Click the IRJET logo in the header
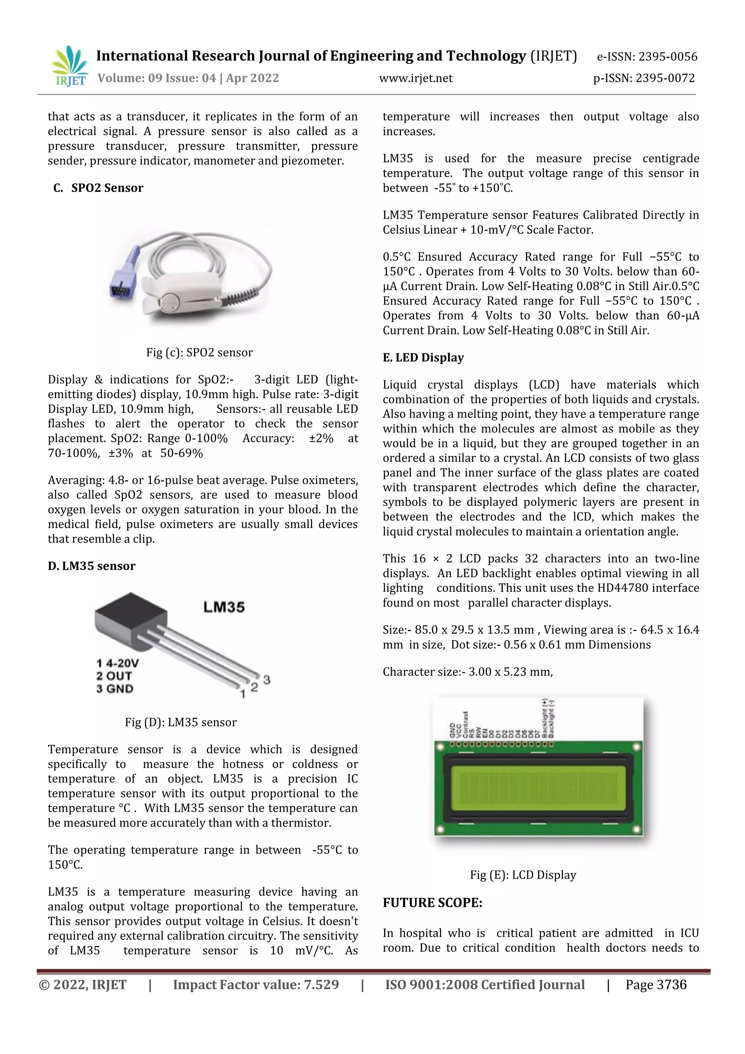pos(70,67)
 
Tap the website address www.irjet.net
pos(416,79)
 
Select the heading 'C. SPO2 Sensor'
pos(98,188)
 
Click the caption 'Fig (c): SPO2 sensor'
pos(200,353)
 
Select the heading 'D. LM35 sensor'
pos(92,566)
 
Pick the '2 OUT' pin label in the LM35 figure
pos(114,676)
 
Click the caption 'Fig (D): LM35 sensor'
pos(181,722)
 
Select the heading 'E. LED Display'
pos(423,358)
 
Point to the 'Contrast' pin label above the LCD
pos(466,724)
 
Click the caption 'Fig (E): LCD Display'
pos(523,875)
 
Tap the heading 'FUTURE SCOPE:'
pos(432,903)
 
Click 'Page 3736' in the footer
pos(656,985)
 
